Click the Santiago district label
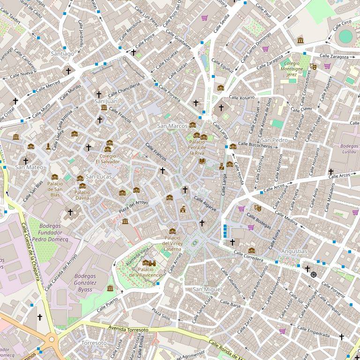pyautogui.click(x=62, y=54)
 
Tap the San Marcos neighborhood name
pyautogui.click(x=172, y=126)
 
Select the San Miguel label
pyautogui.click(x=207, y=290)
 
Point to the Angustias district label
pyautogui.click(x=294, y=251)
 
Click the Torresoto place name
pyautogui.click(x=94, y=343)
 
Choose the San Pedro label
pyautogui.click(x=274, y=140)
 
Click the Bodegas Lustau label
pyautogui.click(x=349, y=149)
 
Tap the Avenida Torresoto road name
pyautogui.click(x=128, y=330)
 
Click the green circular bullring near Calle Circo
pyautogui.click(x=345, y=36)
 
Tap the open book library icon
pyautogui.click(x=202, y=161)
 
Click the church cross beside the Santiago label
pyautogui.click(x=68, y=71)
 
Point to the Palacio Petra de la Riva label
pyautogui.click(x=196, y=147)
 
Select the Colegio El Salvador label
pyautogui.click(x=108, y=159)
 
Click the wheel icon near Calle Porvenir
pyautogui.click(x=314, y=275)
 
